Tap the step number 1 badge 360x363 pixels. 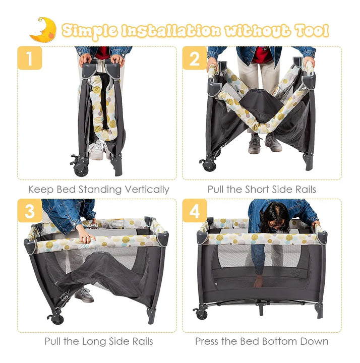click(x=30, y=58)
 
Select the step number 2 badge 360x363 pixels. click(x=195, y=58)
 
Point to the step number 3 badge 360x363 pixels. click(x=30, y=210)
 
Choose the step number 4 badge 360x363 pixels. click(x=195, y=210)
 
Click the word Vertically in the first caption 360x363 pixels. click(x=147, y=190)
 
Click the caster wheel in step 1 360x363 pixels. click(x=81, y=169)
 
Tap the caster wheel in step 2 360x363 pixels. click(x=209, y=165)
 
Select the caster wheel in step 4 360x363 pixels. click(x=202, y=314)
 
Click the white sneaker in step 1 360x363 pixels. click(x=97, y=150)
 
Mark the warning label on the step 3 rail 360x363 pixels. click(x=117, y=223)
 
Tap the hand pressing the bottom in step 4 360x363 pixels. click(x=258, y=281)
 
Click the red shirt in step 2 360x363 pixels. click(x=262, y=55)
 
